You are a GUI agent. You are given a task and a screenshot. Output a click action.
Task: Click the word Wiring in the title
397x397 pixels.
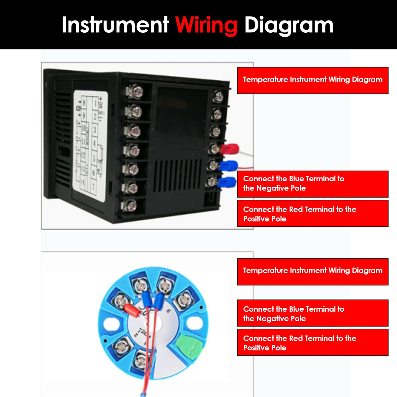(x=206, y=25)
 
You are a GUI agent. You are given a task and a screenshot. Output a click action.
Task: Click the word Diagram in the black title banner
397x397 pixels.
(x=288, y=25)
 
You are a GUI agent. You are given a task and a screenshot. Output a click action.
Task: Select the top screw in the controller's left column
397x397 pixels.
(x=135, y=91)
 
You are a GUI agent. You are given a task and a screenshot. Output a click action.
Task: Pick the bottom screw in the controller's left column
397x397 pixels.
(x=129, y=206)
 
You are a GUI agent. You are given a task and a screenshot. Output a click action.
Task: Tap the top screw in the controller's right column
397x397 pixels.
(x=218, y=96)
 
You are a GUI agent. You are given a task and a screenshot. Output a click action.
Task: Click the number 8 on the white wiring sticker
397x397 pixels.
(x=84, y=103)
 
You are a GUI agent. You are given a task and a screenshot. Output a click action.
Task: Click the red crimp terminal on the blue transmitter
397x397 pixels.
(x=132, y=311)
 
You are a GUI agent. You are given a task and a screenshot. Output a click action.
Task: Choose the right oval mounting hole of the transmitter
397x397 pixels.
(x=195, y=323)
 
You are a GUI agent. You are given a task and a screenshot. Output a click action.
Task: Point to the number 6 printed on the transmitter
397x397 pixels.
(x=169, y=311)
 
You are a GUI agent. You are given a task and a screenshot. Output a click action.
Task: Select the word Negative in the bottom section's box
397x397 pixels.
(x=274, y=319)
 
